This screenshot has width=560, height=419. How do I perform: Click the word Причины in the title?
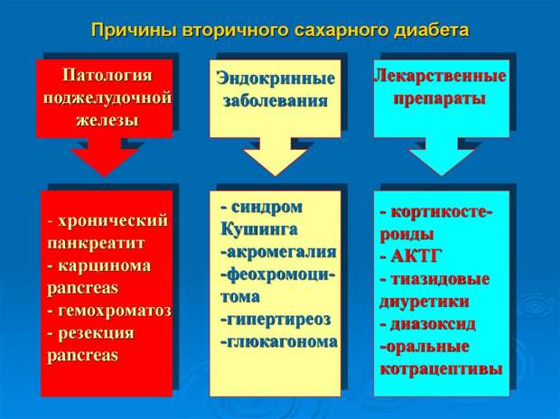pos(134,31)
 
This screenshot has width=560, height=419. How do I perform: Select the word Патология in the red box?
pos(107,75)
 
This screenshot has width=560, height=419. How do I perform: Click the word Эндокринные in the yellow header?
pos(275,79)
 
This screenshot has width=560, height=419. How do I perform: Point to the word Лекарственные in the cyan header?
pos(440,76)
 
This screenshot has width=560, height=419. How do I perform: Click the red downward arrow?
pos(105,156)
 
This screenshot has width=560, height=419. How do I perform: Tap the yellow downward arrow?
pos(275,156)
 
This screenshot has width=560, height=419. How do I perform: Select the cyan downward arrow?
pos(442,156)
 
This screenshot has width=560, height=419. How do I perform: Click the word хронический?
pos(113,220)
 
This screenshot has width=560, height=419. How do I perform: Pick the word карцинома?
pos(104,265)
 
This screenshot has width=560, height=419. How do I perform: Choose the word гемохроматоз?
pos(115,311)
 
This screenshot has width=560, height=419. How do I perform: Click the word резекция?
pos(96,333)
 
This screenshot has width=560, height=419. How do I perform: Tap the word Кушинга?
pos(259,229)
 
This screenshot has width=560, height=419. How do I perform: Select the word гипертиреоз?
pos(278,320)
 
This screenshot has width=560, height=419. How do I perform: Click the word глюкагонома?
pos(282,342)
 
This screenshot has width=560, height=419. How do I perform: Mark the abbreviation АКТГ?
pos(416,256)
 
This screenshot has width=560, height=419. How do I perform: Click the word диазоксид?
pos(433,324)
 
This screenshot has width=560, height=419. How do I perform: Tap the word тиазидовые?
pos(440,279)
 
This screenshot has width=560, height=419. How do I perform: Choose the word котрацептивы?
pos(441,369)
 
